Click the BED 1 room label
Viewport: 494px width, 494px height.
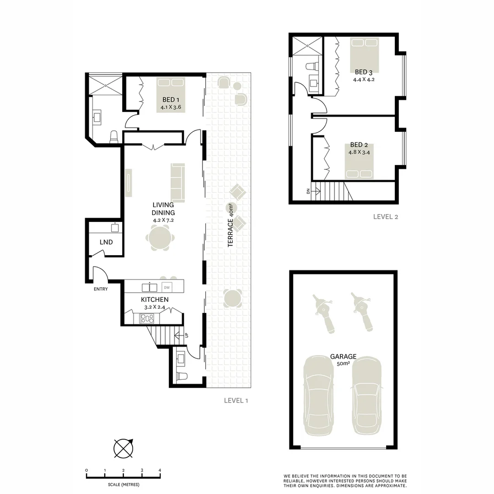pyautogui.click(x=170, y=100)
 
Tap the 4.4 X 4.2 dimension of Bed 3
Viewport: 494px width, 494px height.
pyautogui.click(x=364, y=79)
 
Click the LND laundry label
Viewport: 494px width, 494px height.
pyautogui.click(x=106, y=242)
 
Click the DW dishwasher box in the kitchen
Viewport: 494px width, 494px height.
pyautogui.click(x=166, y=287)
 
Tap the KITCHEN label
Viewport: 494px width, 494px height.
pyautogui.click(x=154, y=300)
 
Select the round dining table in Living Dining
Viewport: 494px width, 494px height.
pyautogui.click(x=160, y=238)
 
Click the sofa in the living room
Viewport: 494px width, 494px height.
pyautogui.click(x=177, y=183)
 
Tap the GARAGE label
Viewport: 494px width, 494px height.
pyautogui.click(x=343, y=357)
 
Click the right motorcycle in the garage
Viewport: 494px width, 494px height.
pyautogui.click(x=363, y=311)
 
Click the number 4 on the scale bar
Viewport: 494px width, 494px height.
pyautogui.click(x=160, y=470)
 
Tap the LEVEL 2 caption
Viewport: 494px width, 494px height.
pyautogui.click(x=385, y=217)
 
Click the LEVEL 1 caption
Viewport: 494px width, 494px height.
pyautogui.click(x=236, y=400)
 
